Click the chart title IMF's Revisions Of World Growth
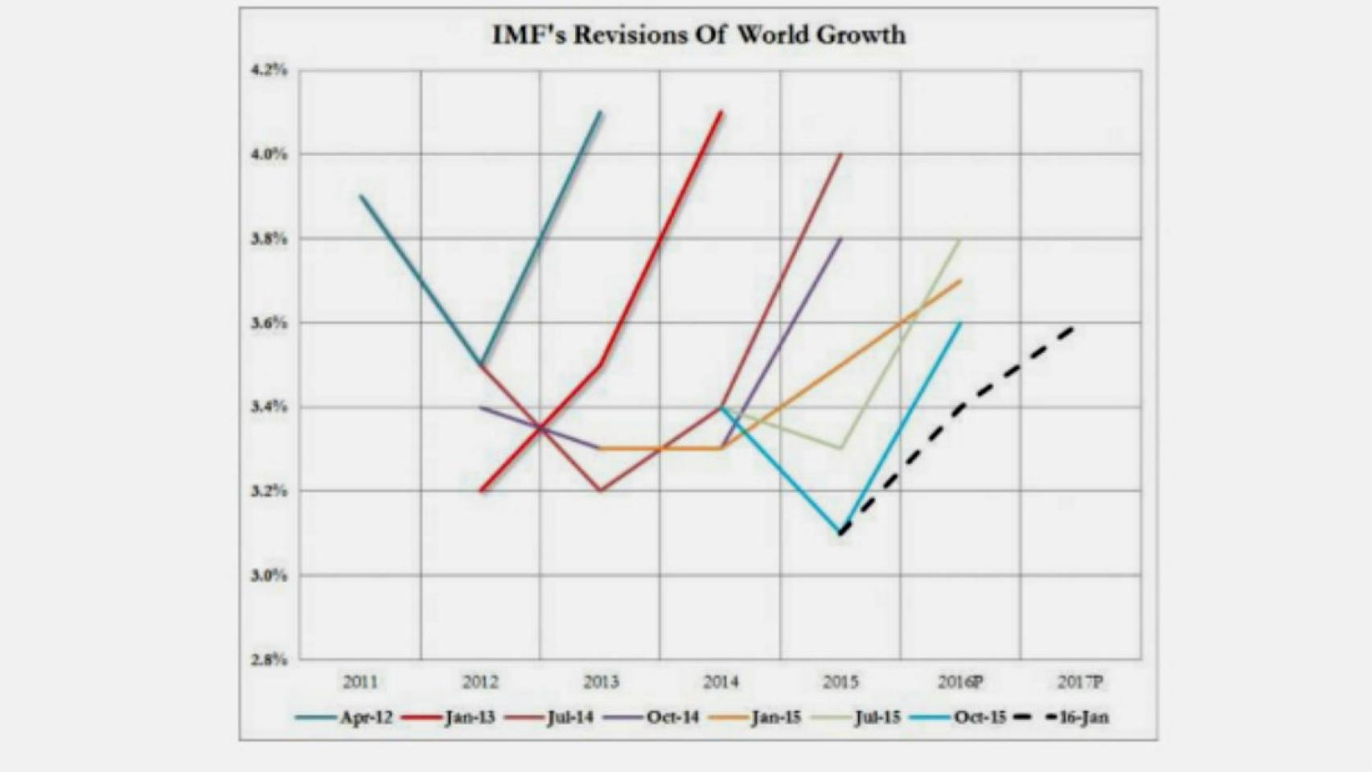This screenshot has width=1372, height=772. [698, 35]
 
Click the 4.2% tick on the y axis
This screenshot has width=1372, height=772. [269, 70]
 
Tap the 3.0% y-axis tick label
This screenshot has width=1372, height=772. [269, 575]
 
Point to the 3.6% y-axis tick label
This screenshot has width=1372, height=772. [269, 322]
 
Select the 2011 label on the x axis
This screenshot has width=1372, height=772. [359, 683]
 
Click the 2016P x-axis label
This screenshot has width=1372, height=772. [959, 683]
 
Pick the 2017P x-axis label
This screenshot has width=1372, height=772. [1079, 683]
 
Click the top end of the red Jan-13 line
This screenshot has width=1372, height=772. [721, 113]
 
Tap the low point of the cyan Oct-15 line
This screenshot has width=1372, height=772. [840, 532]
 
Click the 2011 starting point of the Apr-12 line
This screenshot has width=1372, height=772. [361, 196]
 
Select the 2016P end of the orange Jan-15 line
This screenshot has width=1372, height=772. [960, 281]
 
